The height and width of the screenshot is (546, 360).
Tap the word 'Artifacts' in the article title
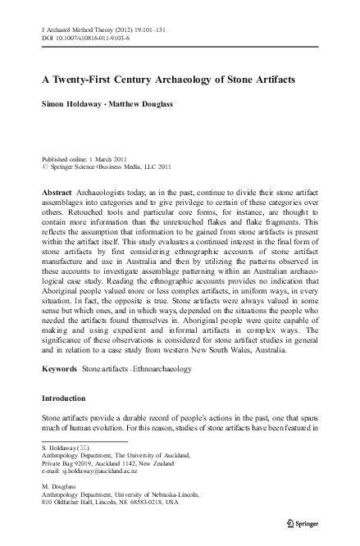[x=270, y=82]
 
